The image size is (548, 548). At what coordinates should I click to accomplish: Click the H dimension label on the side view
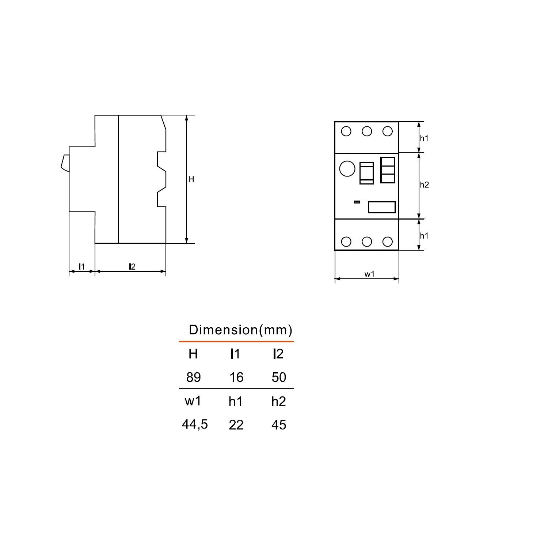[x=191, y=179]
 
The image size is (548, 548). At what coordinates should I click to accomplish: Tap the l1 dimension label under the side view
[x=82, y=267]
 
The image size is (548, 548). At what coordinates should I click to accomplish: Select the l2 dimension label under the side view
[x=132, y=267]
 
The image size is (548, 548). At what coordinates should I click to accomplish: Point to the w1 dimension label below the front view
[x=369, y=274]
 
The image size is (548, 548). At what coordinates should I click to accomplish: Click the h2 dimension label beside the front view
[x=424, y=184]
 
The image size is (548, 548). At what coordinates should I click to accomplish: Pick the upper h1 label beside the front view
[x=424, y=138]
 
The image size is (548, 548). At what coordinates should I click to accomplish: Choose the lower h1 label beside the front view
[x=424, y=236]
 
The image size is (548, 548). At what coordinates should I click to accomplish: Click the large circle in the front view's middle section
[x=347, y=168]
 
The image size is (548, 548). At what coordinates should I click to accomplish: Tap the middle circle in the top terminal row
[x=367, y=131]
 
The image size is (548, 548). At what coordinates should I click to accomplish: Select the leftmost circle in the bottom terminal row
[x=346, y=241]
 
